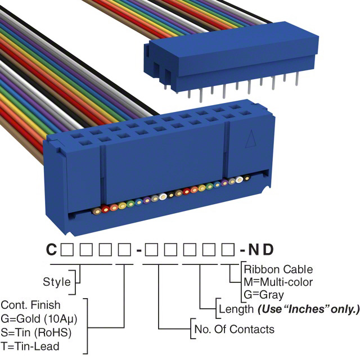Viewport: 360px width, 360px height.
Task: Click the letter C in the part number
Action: click(x=51, y=249)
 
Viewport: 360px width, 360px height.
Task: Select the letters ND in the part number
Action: click(x=265, y=249)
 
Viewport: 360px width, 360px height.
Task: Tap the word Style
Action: click(x=56, y=281)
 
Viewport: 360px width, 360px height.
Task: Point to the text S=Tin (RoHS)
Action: click(x=36, y=332)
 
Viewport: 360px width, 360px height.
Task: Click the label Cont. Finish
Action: click(x=30, y=305)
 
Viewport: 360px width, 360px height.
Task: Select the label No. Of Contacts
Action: click(x=233, y=329)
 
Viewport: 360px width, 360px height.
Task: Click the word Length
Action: click(x=236, y=309)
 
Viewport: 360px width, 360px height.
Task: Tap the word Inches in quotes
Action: click(x=304, y=309)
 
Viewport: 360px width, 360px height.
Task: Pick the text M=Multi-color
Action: click(x=278, y=282)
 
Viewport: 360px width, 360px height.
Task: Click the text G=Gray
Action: click(x=264, y=294)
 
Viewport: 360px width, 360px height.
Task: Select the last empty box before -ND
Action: click(x=229, y=249)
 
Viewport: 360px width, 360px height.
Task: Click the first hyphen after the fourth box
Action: click(x=138, y=249)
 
